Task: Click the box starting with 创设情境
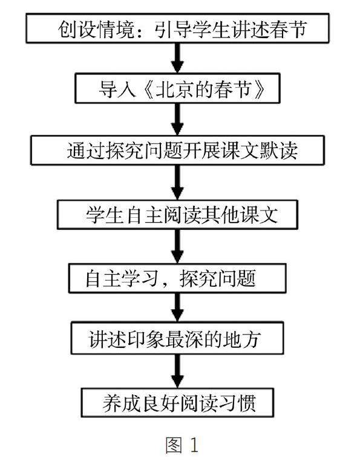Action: point(177,28)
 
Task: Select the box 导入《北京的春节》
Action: point(177,88)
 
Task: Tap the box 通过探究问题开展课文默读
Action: point(177,150)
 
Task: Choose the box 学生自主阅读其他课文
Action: point(177,215)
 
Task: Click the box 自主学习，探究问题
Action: point(177,278)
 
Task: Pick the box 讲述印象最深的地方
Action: point(177,338)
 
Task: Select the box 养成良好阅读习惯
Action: point(177,402)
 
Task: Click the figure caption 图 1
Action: point(182,445)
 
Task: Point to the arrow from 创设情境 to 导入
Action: point(177,58)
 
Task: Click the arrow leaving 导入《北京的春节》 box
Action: point(177,119)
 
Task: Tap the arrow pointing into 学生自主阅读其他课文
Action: point(177,183)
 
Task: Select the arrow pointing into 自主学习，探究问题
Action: point(177,246)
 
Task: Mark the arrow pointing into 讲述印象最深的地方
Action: point(177,307)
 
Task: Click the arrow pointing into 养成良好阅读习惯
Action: point(177,371)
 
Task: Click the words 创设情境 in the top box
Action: point(96,29)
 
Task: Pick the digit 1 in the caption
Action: point(194,445)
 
